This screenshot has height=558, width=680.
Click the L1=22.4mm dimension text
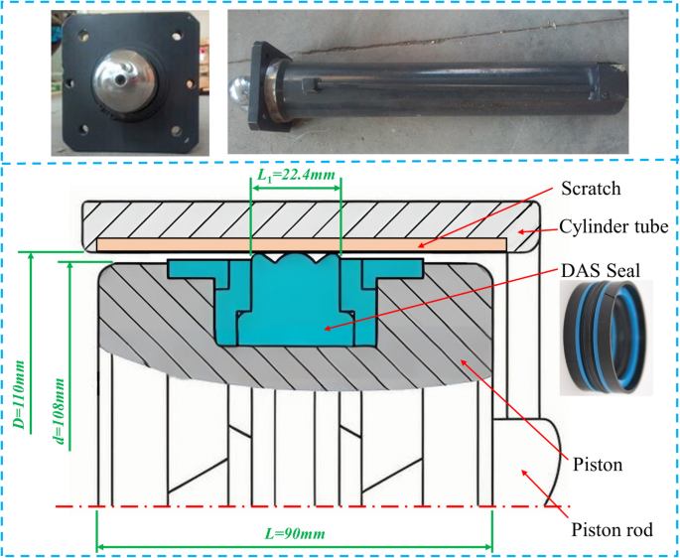(x=295, y=175)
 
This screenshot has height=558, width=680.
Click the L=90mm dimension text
(x=295, y=533)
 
